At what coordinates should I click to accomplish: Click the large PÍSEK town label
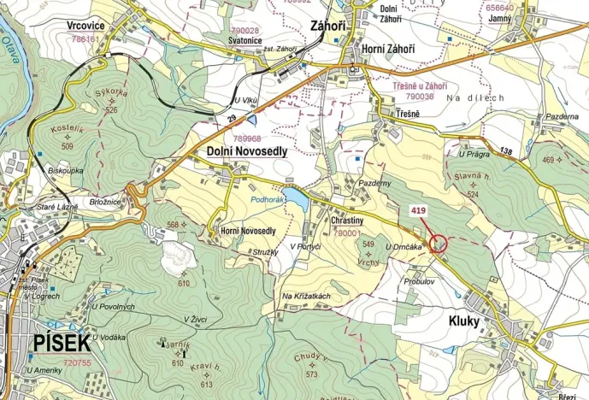tap(62, 344)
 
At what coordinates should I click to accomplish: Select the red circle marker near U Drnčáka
tap(438, 244)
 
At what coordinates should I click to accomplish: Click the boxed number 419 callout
tap(419, 209)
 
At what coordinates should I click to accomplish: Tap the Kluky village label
tap(463, 322)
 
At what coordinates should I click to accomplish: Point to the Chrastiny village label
tap(347, 220)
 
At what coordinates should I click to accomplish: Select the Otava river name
tap(10, 43)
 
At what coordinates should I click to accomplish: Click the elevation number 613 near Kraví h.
tap(204, 385)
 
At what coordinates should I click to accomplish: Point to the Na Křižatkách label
tap(306, 296)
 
